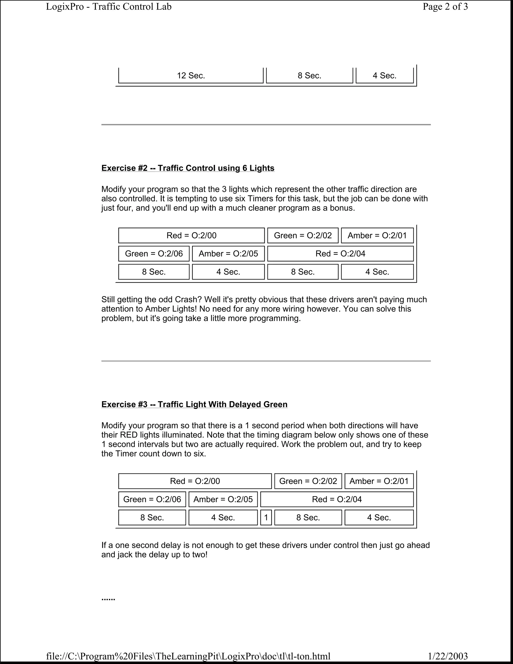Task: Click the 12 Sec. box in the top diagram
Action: click(x=191, y=75)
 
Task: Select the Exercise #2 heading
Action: click(x=188, y=168)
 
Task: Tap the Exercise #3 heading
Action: click(x=194, y=404)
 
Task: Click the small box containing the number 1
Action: click(x=266, y=517)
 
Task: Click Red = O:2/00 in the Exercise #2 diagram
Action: click(x=191, y=236)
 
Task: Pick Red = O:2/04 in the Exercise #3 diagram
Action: click(x=337, y=499)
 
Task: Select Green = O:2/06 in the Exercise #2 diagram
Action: click(x=154, y=254)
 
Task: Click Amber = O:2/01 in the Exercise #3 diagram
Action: click(x=379, y=481)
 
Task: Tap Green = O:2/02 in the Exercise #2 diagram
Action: click(x=303, y=236)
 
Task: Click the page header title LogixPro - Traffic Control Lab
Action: click(x=108, y=7)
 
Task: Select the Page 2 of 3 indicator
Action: click(x=445, y=7)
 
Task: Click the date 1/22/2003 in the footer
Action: click(x=448, y=656)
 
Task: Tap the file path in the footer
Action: click(x=188, y=656)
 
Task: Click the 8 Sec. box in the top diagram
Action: click(x=309, y=75)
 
